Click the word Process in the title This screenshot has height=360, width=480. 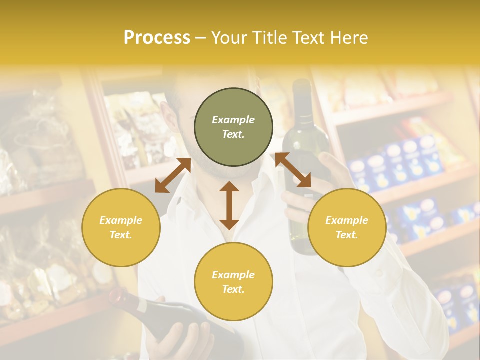157,38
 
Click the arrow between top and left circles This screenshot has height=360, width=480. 173,175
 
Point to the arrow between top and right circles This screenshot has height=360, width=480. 293,170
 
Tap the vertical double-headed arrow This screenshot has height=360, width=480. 229,205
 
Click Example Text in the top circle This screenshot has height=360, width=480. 233,127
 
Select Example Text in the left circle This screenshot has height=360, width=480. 121,227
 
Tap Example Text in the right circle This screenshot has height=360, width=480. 347,227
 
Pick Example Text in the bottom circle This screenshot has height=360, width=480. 233,282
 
